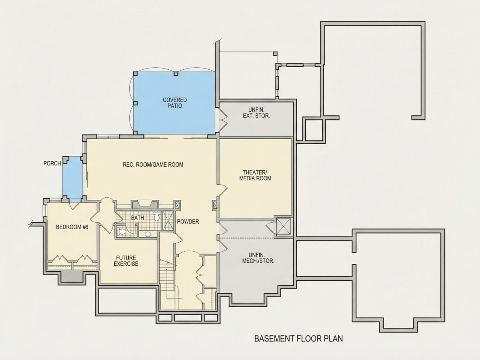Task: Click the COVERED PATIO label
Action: tap(175, 103)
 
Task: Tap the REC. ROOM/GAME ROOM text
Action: tap(153, 165)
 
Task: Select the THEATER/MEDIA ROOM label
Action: tap(255, 175)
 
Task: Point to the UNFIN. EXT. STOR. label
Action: tap(256, 113)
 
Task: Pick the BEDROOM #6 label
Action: tap(72, 227)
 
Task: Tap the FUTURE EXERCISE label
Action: tap(126, 261)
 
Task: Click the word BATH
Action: tap(137, 218)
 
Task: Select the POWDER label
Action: tap(188, 222)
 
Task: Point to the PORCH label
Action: tap(52, 164)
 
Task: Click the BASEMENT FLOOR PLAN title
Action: tap(298, 339)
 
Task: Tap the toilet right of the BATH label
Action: tap(157, 216)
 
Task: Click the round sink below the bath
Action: tap(148, 234)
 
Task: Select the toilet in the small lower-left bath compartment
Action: tap(121, 231)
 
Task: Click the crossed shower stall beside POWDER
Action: tap(168, 220)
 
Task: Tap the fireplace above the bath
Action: tap(145, 205)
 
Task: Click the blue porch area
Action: tap(72, 178)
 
